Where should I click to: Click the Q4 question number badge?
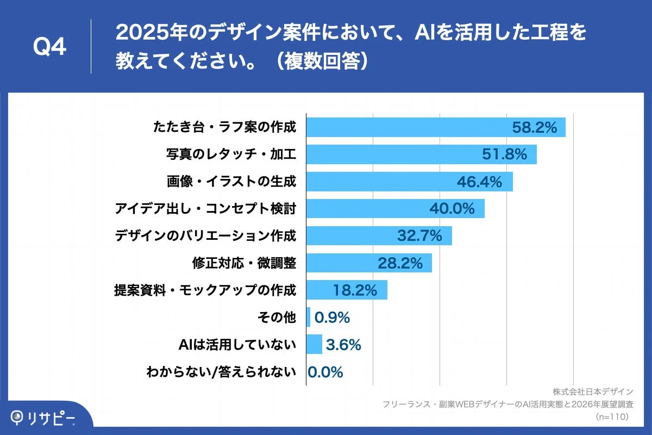point(49,47)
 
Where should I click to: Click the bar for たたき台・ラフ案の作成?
point(407,128)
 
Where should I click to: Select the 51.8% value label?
point(505,155)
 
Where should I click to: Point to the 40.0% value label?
point(452,208)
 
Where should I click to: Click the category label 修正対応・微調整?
point(244,263)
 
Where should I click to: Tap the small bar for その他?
point(308,317)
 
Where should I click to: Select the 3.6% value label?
point(343,344)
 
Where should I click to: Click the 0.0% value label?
point(325,372)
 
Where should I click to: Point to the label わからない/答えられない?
point(221,372)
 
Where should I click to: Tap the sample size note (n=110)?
point(612,417)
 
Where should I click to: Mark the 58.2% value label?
point(535,128)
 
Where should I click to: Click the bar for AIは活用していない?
point(314,344)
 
